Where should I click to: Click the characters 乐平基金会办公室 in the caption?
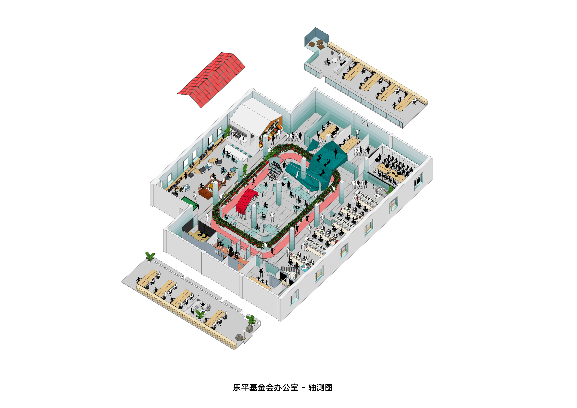pyautogui.click(x=265, y=387)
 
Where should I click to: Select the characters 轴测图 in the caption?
pyautogui.click(x=320, y=387)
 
